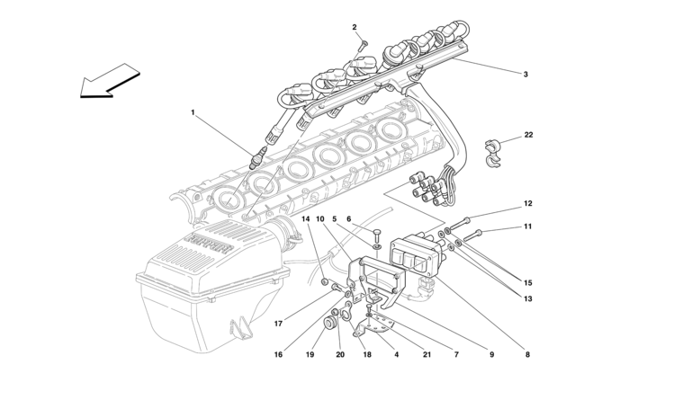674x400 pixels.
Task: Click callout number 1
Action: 193,112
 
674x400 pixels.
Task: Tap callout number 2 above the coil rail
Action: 355,27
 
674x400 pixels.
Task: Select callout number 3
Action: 526,74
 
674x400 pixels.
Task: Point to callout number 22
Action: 528,135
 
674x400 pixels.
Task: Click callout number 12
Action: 528,204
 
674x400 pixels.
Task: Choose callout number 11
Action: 528,227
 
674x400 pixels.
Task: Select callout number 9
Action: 492,355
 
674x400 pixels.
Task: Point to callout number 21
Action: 427,355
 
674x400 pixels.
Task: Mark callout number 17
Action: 279,324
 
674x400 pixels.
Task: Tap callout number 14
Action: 305,219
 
